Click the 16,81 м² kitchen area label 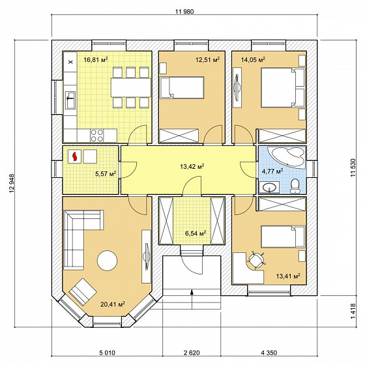tap(96, 60)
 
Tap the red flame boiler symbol tap(75, 156)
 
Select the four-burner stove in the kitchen tap(97, 136)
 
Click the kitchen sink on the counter tap(71, 100)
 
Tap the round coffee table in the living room tap(107, 260)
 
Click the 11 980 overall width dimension tap(185, 12)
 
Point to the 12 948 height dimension tap(12, 183)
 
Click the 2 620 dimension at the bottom tap(192, 353)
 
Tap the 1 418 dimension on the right tap(353, 312)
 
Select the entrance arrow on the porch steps tap(192, 299)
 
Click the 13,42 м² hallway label tap(192, 166)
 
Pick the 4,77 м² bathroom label tap(272, 171)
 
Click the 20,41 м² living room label tap(113, 304)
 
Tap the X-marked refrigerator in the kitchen tap(71, 62)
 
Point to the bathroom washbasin tap(270, 187)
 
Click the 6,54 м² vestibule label tap(196, 233)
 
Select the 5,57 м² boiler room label tap(106, 173)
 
